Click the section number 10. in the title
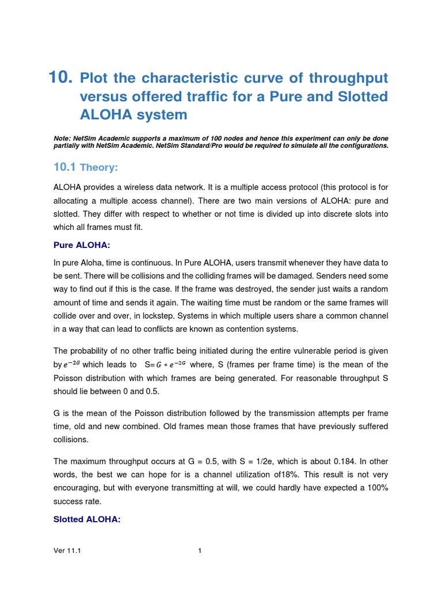pyautogui.click(x=61, y=77)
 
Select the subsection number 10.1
pyautogui.click(x=64, y=167)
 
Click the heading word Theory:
pyautogui.click(x=100, y=167)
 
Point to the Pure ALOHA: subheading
pyautogui.click(x=81, y=245)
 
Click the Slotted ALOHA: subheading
pyautogui.click(x=86, y=519)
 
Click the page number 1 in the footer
pyautogui.click(x=200, y=550)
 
